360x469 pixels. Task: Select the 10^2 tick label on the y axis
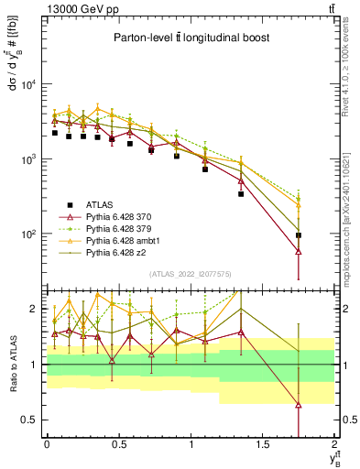27,234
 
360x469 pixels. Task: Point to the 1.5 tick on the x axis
263,444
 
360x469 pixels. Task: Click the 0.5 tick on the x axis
118,444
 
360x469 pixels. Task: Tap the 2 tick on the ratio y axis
35,310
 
